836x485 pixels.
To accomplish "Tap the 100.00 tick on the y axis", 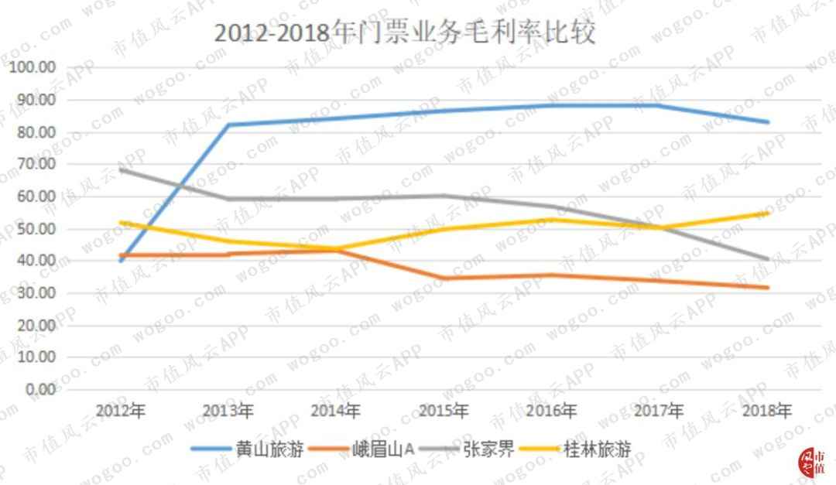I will (32, 67).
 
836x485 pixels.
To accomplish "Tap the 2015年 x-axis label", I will (444, 410).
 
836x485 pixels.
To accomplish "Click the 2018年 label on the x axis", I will (766, 410).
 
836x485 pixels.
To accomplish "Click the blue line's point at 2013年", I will (228, 125).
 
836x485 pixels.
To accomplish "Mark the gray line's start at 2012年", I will (121, 169).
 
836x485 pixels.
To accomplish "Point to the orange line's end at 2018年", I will (766, 288).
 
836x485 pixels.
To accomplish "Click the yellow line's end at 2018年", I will (766, 213).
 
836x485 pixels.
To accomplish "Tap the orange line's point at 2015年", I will (444, 278).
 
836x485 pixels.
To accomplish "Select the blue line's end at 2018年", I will (766, 122).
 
